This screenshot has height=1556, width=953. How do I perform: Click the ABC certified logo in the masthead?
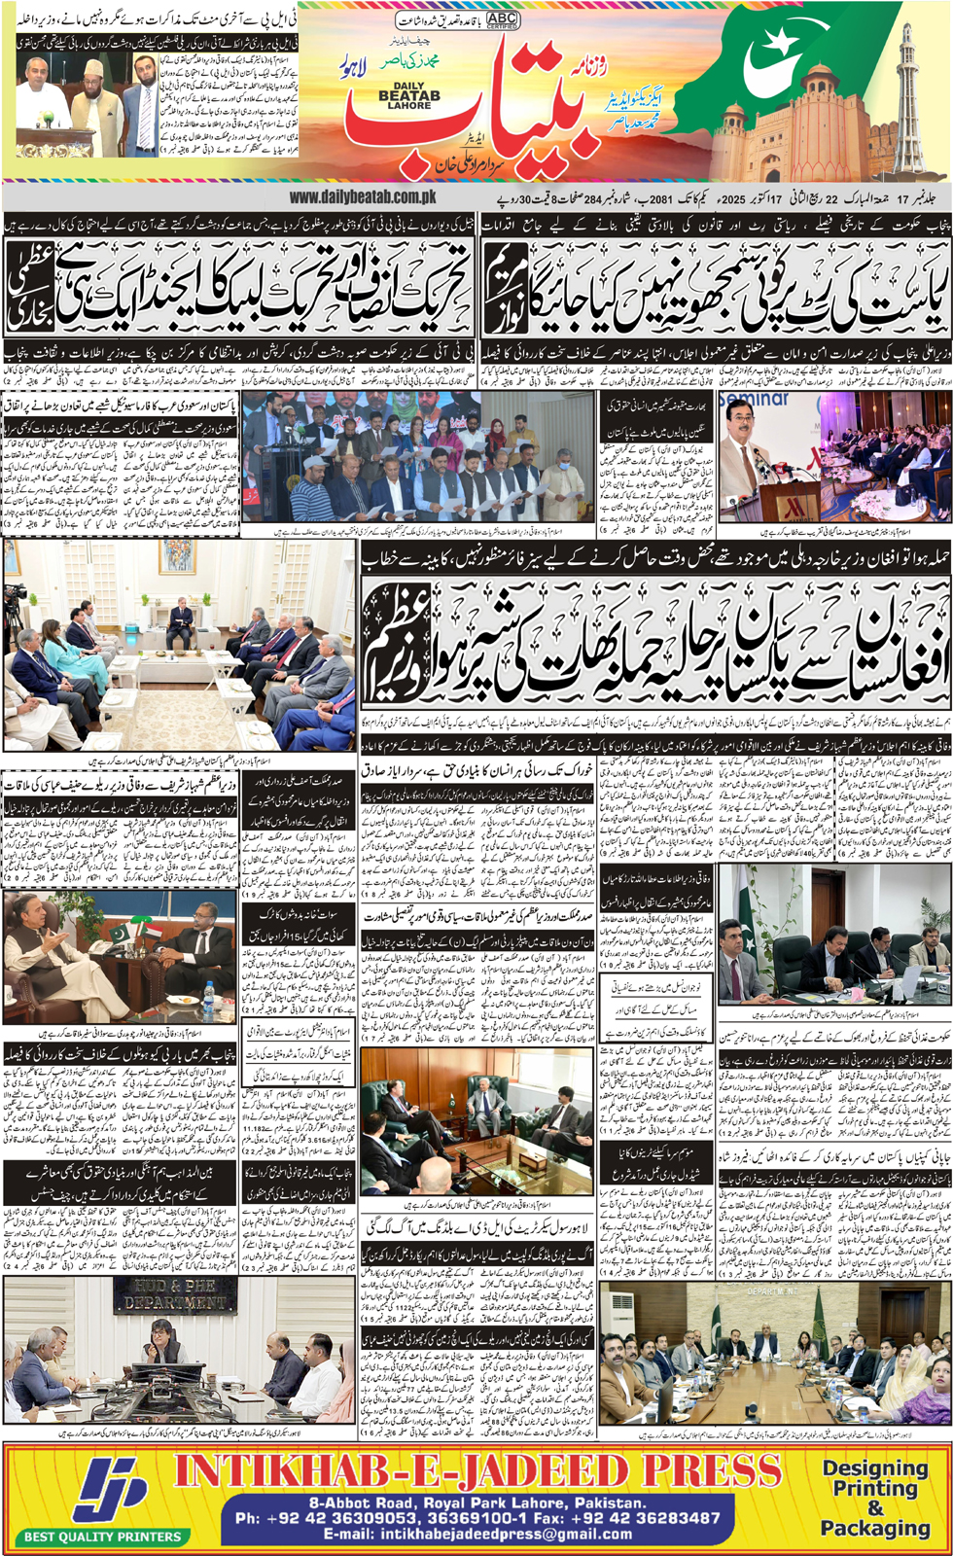(503, 19)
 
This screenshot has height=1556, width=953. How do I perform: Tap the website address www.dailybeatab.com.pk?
(362, 197)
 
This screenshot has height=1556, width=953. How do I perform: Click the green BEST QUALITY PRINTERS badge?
(102, 1537)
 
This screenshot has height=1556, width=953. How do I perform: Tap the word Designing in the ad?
(875, 1468)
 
